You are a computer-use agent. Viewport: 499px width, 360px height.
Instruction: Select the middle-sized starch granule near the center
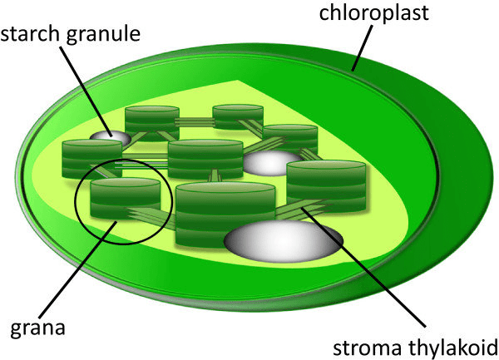click(271, 162)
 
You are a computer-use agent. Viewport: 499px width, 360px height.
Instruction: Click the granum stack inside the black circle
click(125, 200)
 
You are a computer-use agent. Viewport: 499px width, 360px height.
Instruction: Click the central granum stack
click(205, 158)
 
